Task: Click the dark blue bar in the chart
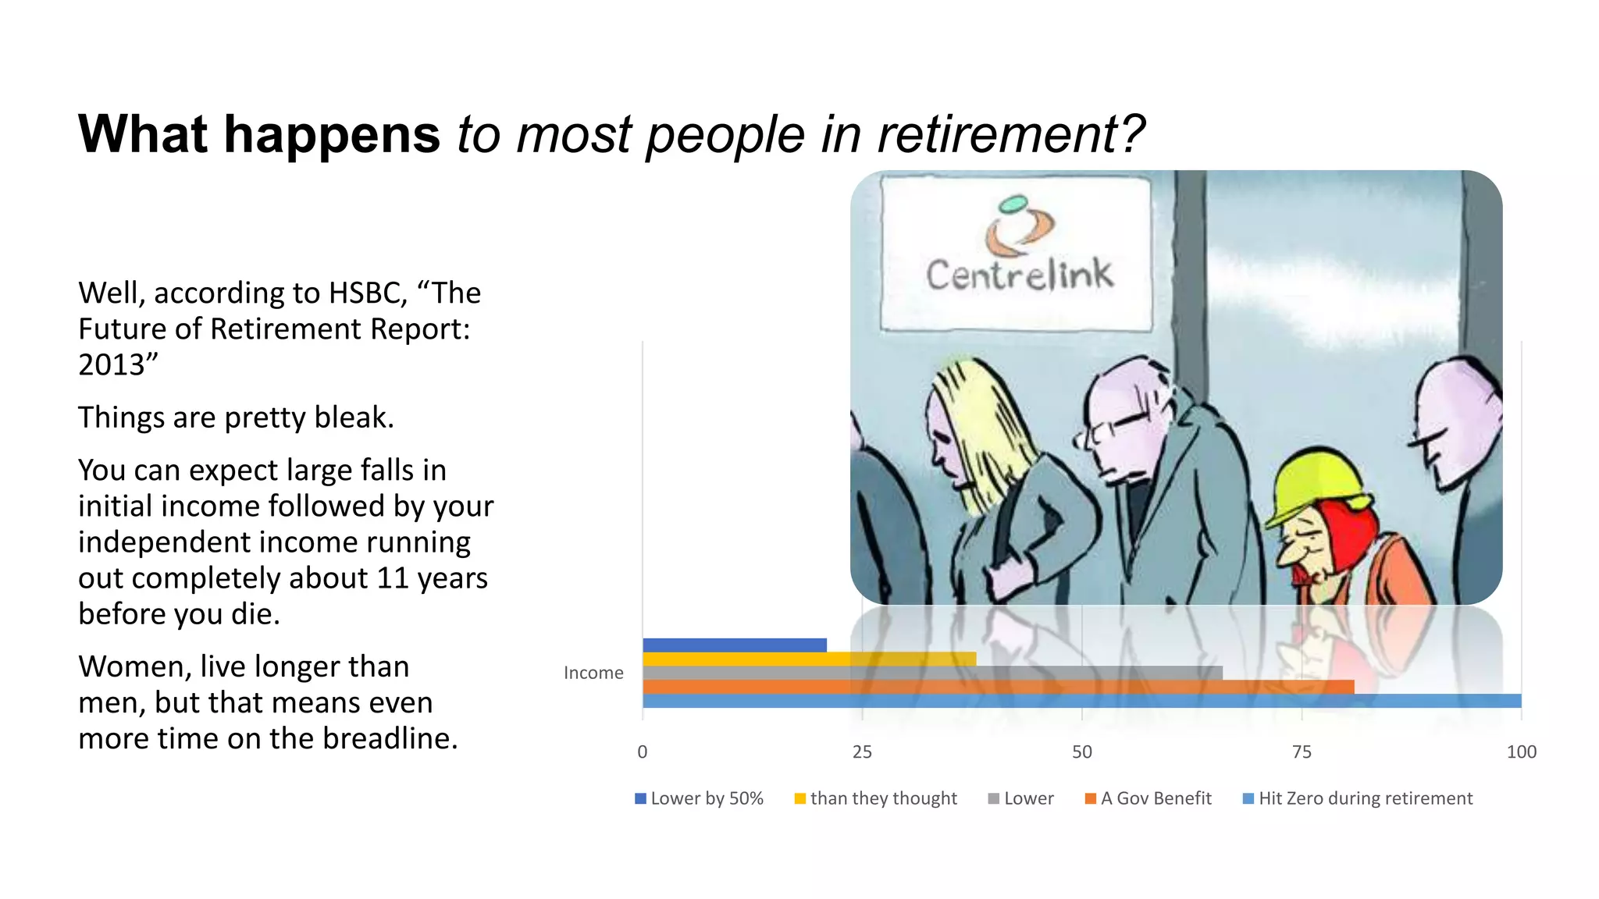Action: point(734,645)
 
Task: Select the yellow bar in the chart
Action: point(809,659)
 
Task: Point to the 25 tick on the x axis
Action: point(862,752)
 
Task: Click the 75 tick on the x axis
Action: point(1302,752)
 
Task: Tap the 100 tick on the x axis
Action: point(1521,752)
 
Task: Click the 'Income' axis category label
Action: point(593,673)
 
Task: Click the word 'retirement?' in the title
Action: point(1010,134)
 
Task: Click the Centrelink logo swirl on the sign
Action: point(1019,226)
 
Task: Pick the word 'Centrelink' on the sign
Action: point(1019,275)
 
